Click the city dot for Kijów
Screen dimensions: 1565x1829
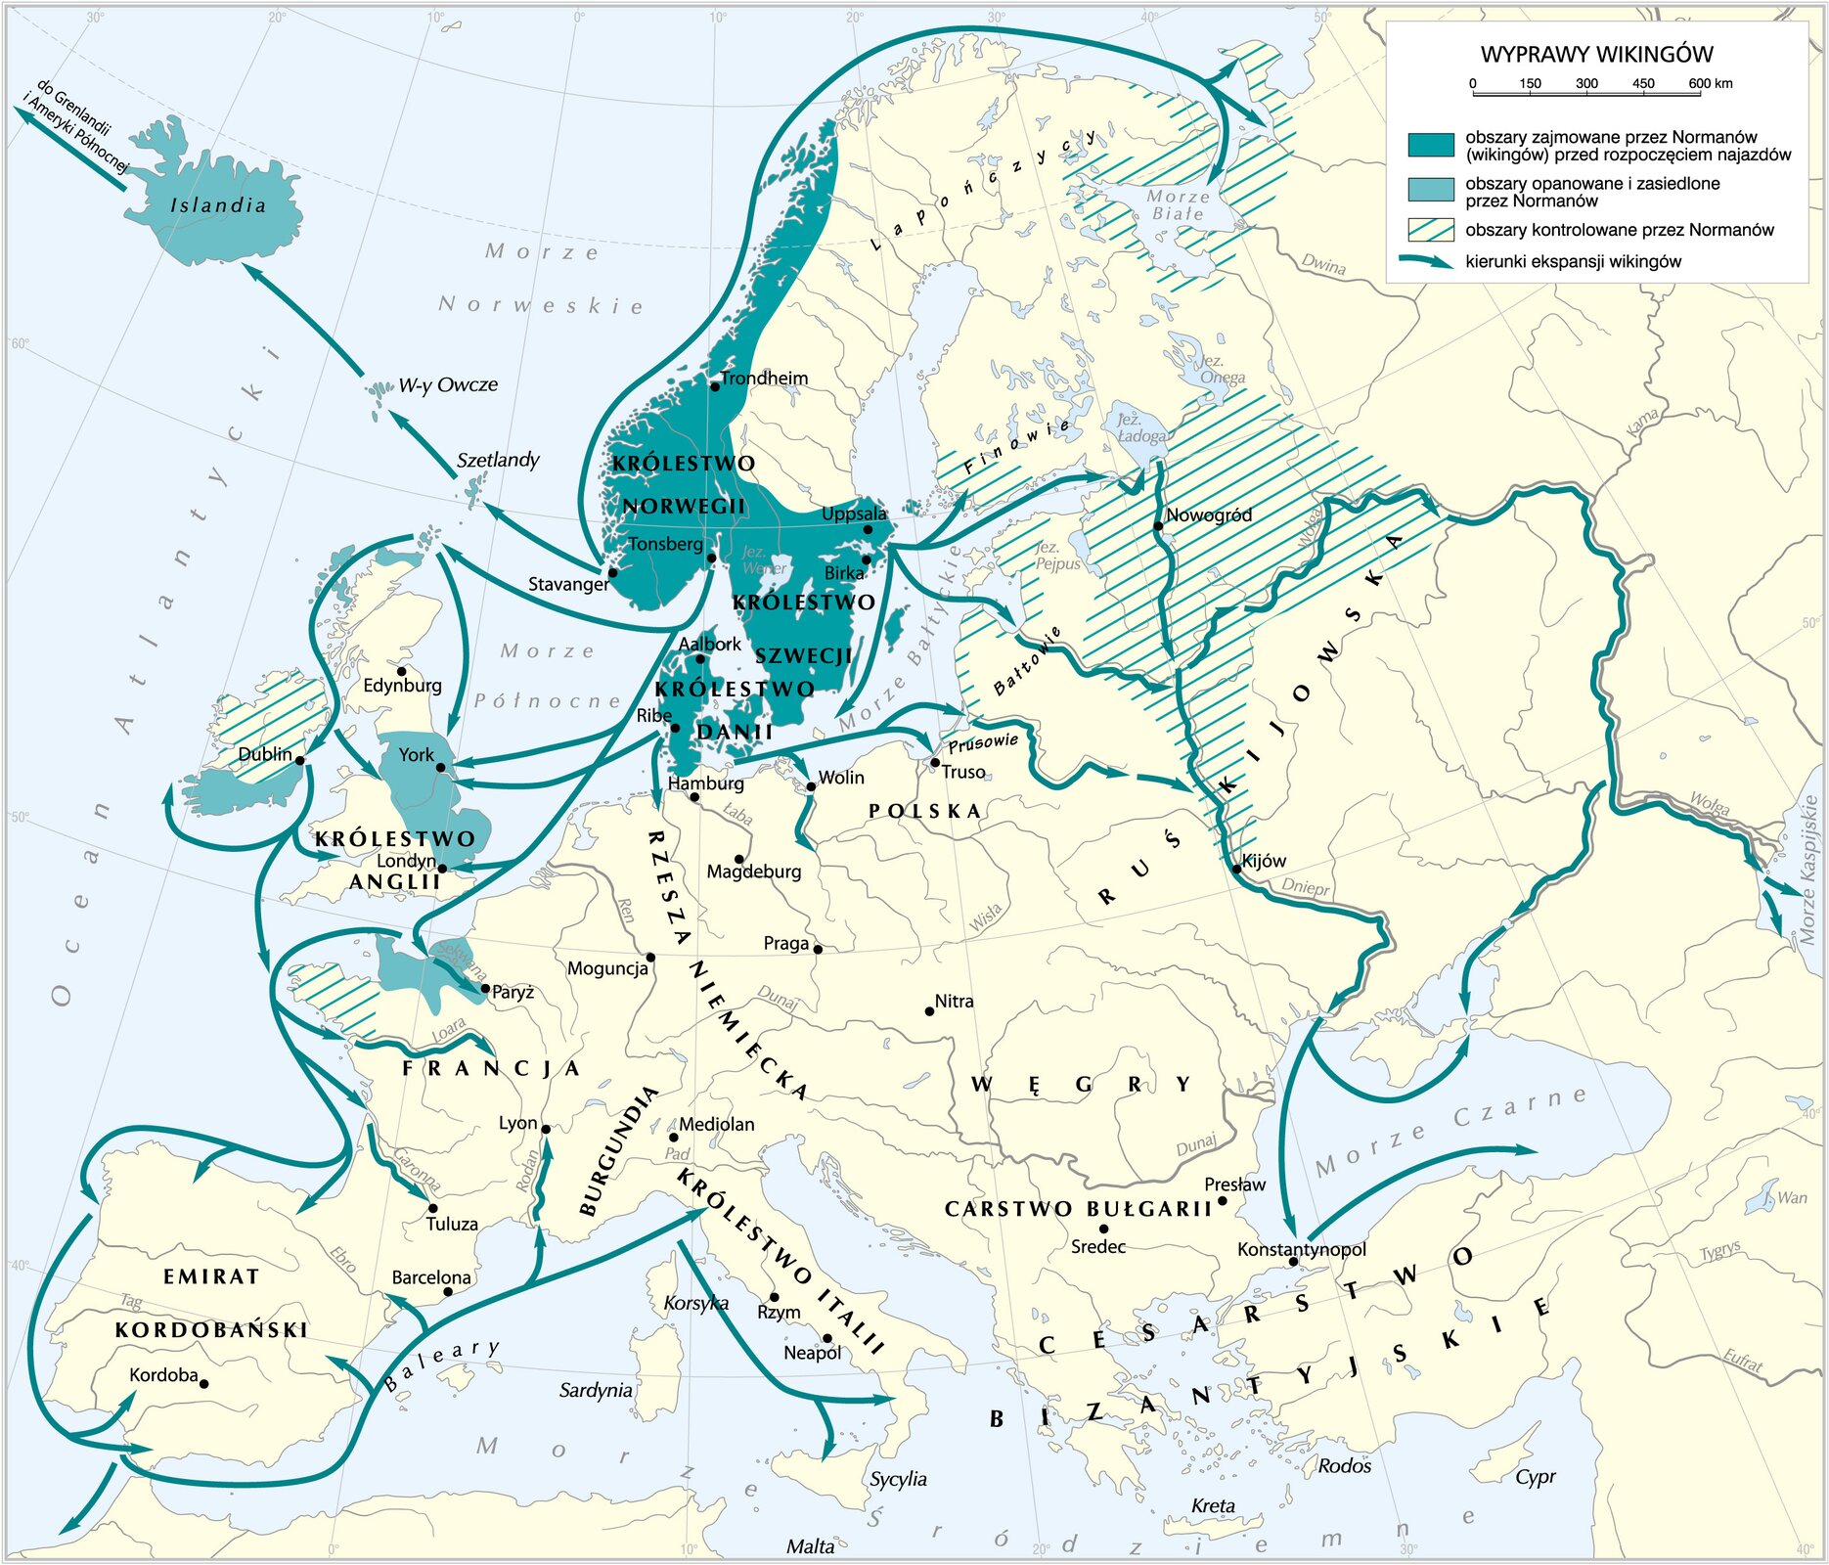(x=1236, y=868)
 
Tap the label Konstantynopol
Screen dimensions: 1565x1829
(x=1301, y=1249)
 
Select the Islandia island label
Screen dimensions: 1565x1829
(x=218, y=205)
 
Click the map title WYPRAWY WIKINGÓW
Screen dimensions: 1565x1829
(x=1595, y=55)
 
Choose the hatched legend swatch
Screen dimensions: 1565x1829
(x=1430, y=230)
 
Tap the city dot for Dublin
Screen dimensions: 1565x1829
(x=299, y=760)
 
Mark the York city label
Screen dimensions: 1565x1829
(x=416, y=754)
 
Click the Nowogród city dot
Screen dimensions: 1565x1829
(x=1158, y=526)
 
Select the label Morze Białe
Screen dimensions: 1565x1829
(x=1178, y=204)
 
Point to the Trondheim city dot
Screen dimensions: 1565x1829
(x=715, y=386)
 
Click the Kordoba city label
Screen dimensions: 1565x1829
(x=163, y=1375)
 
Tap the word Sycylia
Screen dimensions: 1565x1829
(x=898, y=1479)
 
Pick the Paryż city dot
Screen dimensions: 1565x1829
(x=485, y=989)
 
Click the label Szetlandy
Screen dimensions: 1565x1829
(x=498, y=460)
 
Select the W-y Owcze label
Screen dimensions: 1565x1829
(x=447, y=384)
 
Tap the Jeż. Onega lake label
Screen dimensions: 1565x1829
(x=1222, y=370)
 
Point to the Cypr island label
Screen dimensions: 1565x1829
(x=1535, y=1477)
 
